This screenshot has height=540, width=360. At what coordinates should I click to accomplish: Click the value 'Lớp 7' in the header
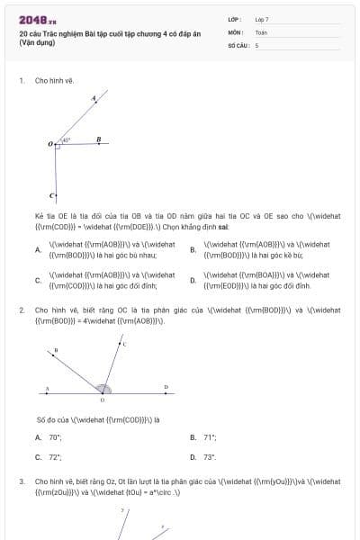tap(261, 19)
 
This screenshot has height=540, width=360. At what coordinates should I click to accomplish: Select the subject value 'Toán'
tap(261, 31)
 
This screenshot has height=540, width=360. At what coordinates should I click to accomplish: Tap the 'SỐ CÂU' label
tap(238, 44)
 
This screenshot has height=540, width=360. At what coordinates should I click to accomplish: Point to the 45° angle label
tap(67, 139)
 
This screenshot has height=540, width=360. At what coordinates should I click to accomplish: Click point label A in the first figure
tap(94, 98)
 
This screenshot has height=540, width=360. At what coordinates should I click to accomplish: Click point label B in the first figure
tap(98, 139)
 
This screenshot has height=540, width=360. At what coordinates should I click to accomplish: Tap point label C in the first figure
tap(52, 195)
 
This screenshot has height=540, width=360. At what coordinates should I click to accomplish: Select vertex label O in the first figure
tap(50, 144)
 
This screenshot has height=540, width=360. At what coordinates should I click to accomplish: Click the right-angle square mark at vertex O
tap(57, 148)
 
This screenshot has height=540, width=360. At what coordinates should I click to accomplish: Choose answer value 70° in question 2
tap(55, 437)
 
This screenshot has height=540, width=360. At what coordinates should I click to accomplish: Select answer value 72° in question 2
tap(55, 457)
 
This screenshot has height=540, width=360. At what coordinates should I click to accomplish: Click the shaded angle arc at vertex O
tap(103, 390)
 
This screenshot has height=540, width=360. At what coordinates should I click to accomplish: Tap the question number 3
tap(22, 481)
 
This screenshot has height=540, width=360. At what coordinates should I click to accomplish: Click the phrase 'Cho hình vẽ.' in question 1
tap(55, 80)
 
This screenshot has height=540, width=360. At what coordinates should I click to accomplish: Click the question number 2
tap(22, 310)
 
